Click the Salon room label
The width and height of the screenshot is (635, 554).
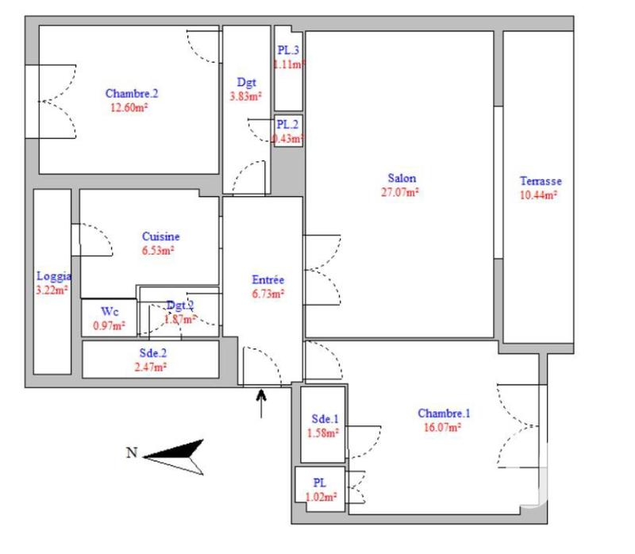click(x=402, y=179)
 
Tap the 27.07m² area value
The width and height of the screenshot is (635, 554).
click(x=402, y=191)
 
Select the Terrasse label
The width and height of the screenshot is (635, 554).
click(x=540, y=181)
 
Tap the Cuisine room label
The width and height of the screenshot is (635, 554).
click(x=160, y=237)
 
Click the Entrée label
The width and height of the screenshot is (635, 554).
click(x=267, y=279)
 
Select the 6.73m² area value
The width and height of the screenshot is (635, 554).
click(x=267, y=293)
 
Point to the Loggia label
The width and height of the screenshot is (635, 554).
click(x=54, y=277)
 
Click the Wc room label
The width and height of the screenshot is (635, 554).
click(x=110, y=312)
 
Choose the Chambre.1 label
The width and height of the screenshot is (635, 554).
click(x=444, y=413)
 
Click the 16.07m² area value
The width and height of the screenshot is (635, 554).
click(x=444, y=426)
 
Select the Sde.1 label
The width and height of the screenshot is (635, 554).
click(x=324, y=419)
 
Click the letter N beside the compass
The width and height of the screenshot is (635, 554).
click(x=132, y=453)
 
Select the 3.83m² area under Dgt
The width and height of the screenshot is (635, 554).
click(x=245, y=97)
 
